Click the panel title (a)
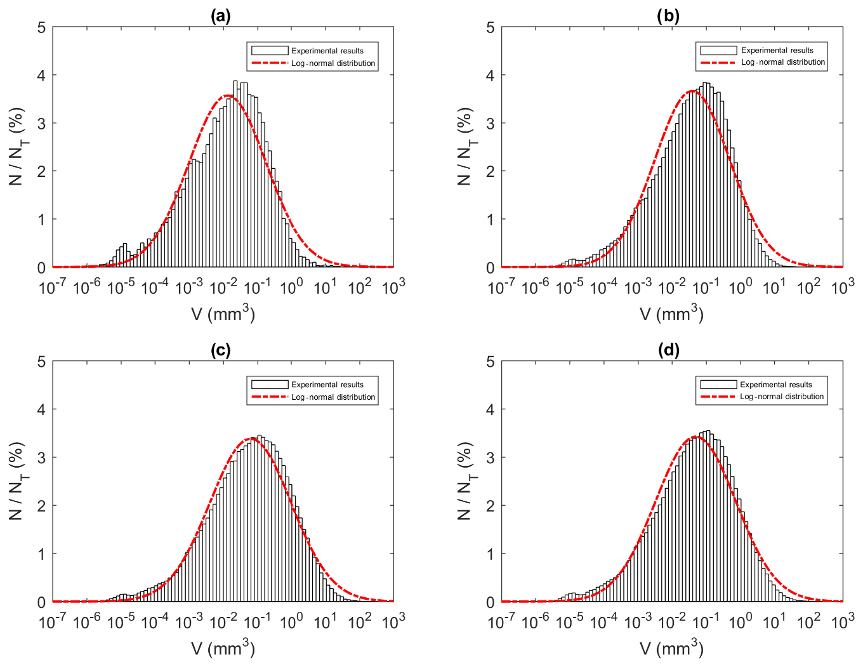click(220, 17)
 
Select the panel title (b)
click(668, 17)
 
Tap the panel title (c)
click(220, 350)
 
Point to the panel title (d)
click(668, 350)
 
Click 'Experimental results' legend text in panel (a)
click(327, 51)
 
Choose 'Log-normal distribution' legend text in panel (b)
click(783, 62)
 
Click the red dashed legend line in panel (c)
click(270, 397)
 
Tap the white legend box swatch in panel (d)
click(718, 385)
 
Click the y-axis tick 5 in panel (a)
click(42, 27)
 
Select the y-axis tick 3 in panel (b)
click(491, 123)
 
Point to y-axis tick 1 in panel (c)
click(42, 554)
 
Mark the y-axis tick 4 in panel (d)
click(491, 409)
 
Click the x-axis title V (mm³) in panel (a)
click(223, 314)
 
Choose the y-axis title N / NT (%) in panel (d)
click(465, 481)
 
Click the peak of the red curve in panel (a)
click(228, 96)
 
